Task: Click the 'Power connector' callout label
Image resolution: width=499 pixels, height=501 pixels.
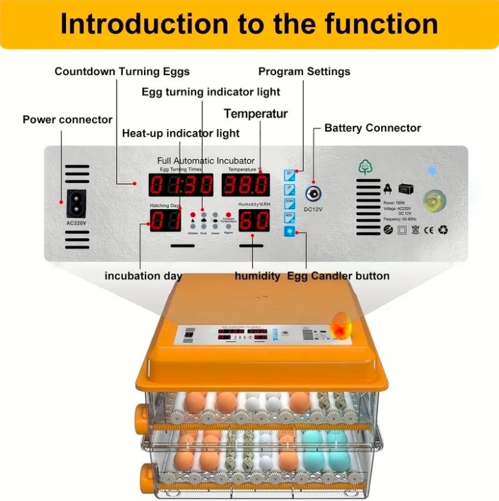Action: [x=67, y=119]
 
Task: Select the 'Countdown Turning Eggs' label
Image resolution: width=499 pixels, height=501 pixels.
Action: [x=122, y=71]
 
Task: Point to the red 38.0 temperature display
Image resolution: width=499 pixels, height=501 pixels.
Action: [x=245, y=185]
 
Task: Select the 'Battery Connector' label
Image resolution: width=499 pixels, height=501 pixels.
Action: [x=373, y=128]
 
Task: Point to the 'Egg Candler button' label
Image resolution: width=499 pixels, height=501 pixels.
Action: [x=338, y=276]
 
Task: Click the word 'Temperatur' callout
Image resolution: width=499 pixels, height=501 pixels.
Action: [x=256, y=114]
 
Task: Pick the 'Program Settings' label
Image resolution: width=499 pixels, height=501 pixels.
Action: [x=304, y=71]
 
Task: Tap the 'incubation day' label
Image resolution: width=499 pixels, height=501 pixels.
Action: [x=143, y=276]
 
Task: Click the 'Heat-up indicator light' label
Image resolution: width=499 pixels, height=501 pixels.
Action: [x=181, y=133]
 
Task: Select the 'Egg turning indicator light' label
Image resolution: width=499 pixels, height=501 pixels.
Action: [x=202, y=92]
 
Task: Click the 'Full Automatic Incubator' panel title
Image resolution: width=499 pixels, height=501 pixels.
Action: [x=206, y=160]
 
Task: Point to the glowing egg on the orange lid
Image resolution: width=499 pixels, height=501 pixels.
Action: [x=341, y=323]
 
